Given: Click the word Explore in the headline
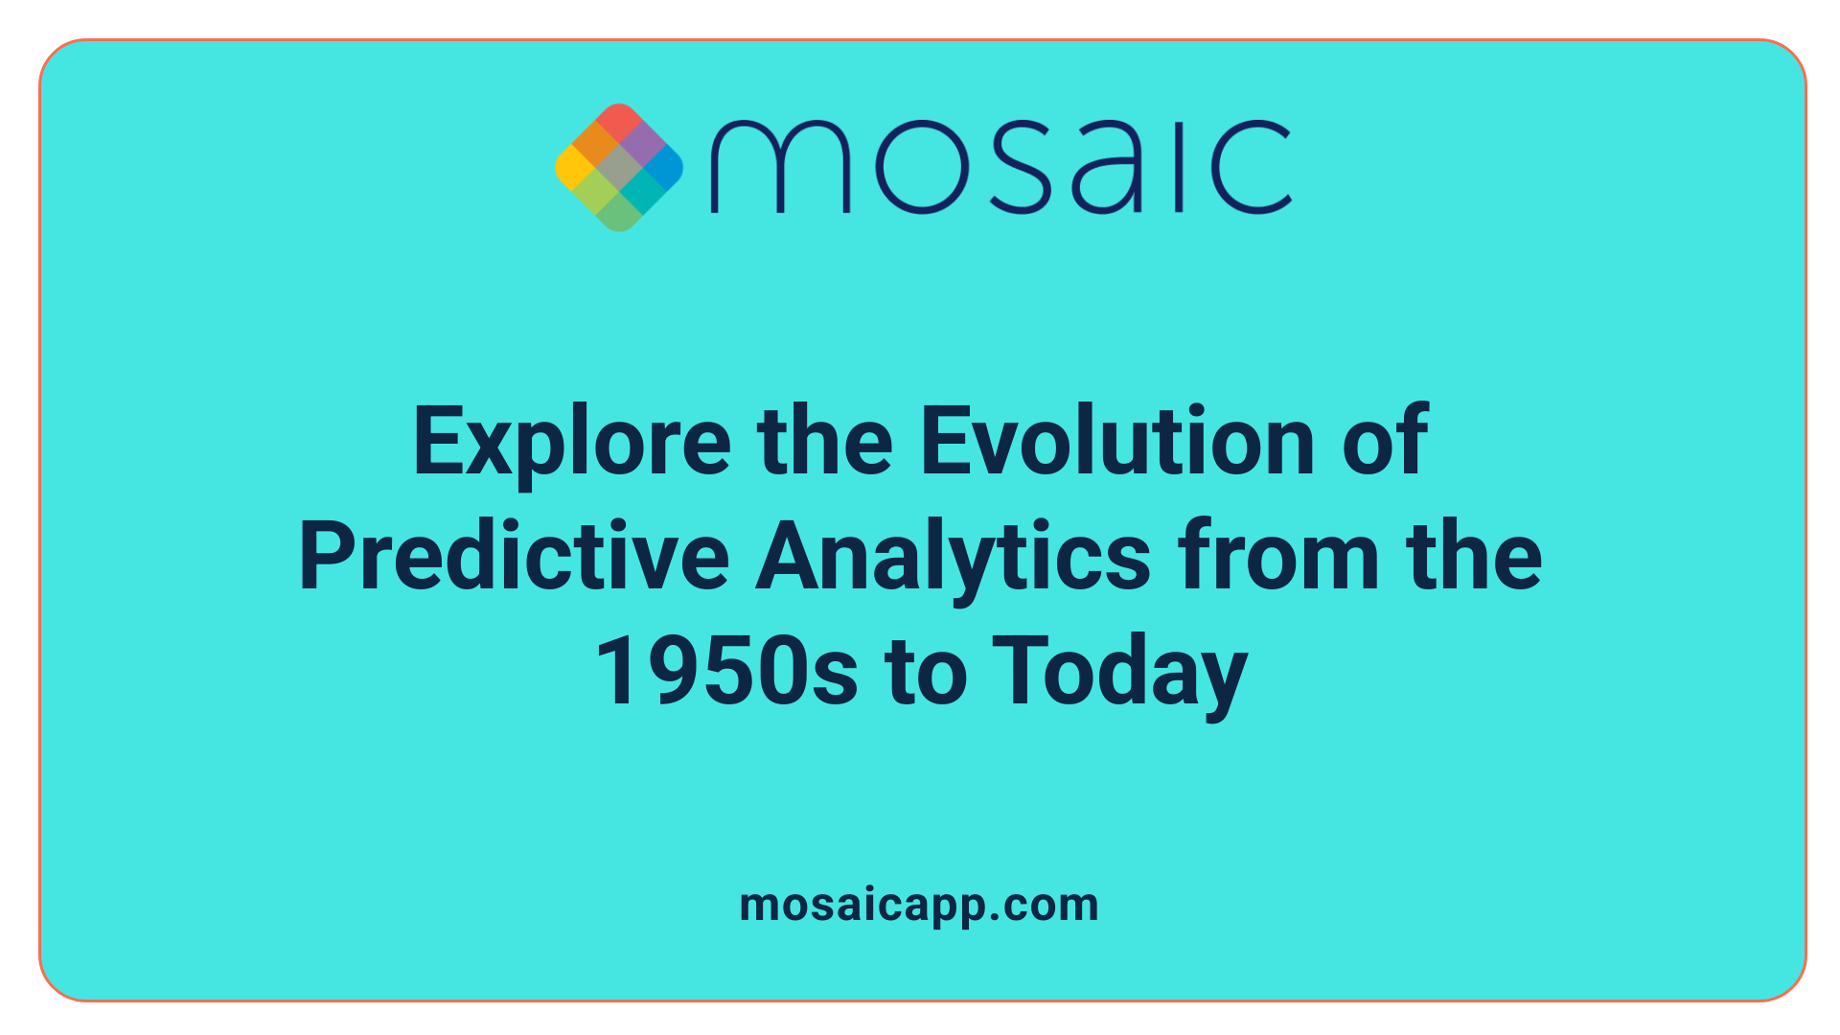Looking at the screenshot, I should pos(572,443).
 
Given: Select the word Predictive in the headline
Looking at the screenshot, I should pos(514,558).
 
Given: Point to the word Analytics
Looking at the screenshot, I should pos(953,558).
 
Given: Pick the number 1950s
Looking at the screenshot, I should pos(725,672).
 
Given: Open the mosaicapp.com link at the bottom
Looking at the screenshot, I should pos(919,905).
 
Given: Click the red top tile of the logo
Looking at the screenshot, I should pos(619,122).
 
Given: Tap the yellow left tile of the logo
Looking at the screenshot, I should pos(574,168).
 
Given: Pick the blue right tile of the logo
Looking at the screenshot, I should pos(663,168).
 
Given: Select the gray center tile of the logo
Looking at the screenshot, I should pos(619,168).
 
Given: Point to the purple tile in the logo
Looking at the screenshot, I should pos(642,145).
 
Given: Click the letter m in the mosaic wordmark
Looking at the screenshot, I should pos(779,168).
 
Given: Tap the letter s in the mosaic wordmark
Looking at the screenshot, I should pos(1017,168).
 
